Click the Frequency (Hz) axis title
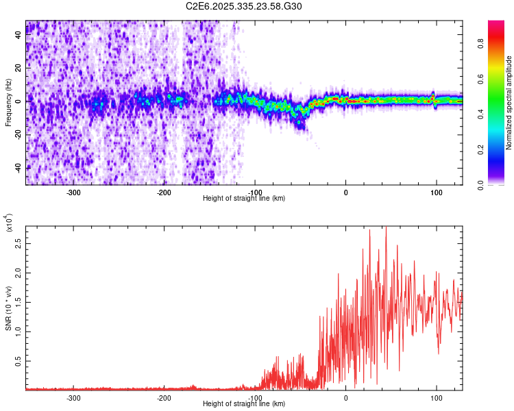point(8,103)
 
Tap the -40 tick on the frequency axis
point(19,168)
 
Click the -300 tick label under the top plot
point(73,192)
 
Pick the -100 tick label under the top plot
point(255,192)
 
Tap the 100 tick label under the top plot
point(437,192)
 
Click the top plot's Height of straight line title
point(244,199)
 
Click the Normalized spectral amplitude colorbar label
point(509,103)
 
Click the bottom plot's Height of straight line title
point(244,404)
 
